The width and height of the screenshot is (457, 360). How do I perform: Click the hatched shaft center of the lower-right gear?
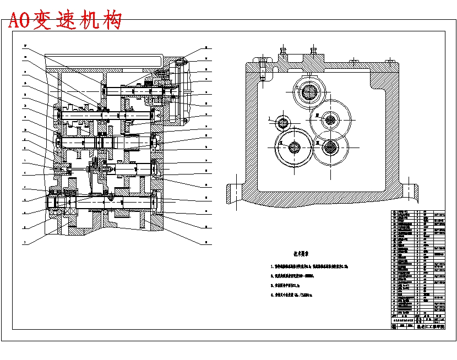pyautogui.click(x=330, y=146)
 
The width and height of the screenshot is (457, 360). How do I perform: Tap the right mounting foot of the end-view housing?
pyautogui.click(x=410, y=192)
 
